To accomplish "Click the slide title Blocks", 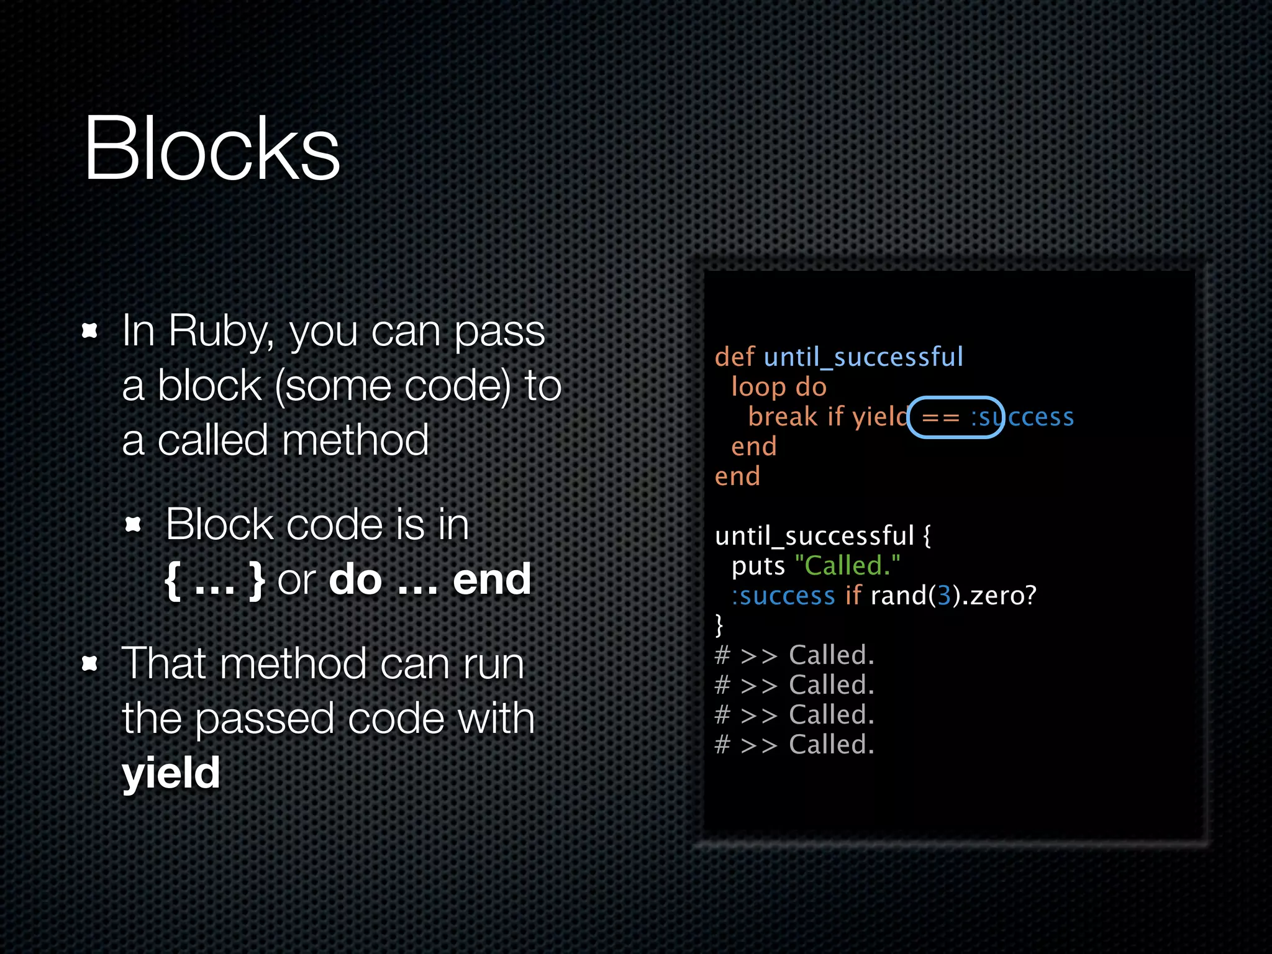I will pos(212,150).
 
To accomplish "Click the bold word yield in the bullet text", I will pos(171,773).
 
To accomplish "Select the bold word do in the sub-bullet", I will pos(355,579).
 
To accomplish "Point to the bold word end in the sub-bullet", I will pos(491,579).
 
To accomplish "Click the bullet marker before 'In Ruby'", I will pos(90,330).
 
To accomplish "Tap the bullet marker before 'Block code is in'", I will pos(133,525).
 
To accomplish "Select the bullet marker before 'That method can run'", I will pos(90,664).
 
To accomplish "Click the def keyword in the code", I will pos(734,357).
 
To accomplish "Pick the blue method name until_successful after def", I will pos(864,358).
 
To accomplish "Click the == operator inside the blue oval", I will pos(940,417).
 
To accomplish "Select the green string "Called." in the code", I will pos(847,566).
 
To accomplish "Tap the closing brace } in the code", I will pos(719,625).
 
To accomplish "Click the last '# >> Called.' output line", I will pos(794,745).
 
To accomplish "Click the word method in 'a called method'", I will pos(355,440).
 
